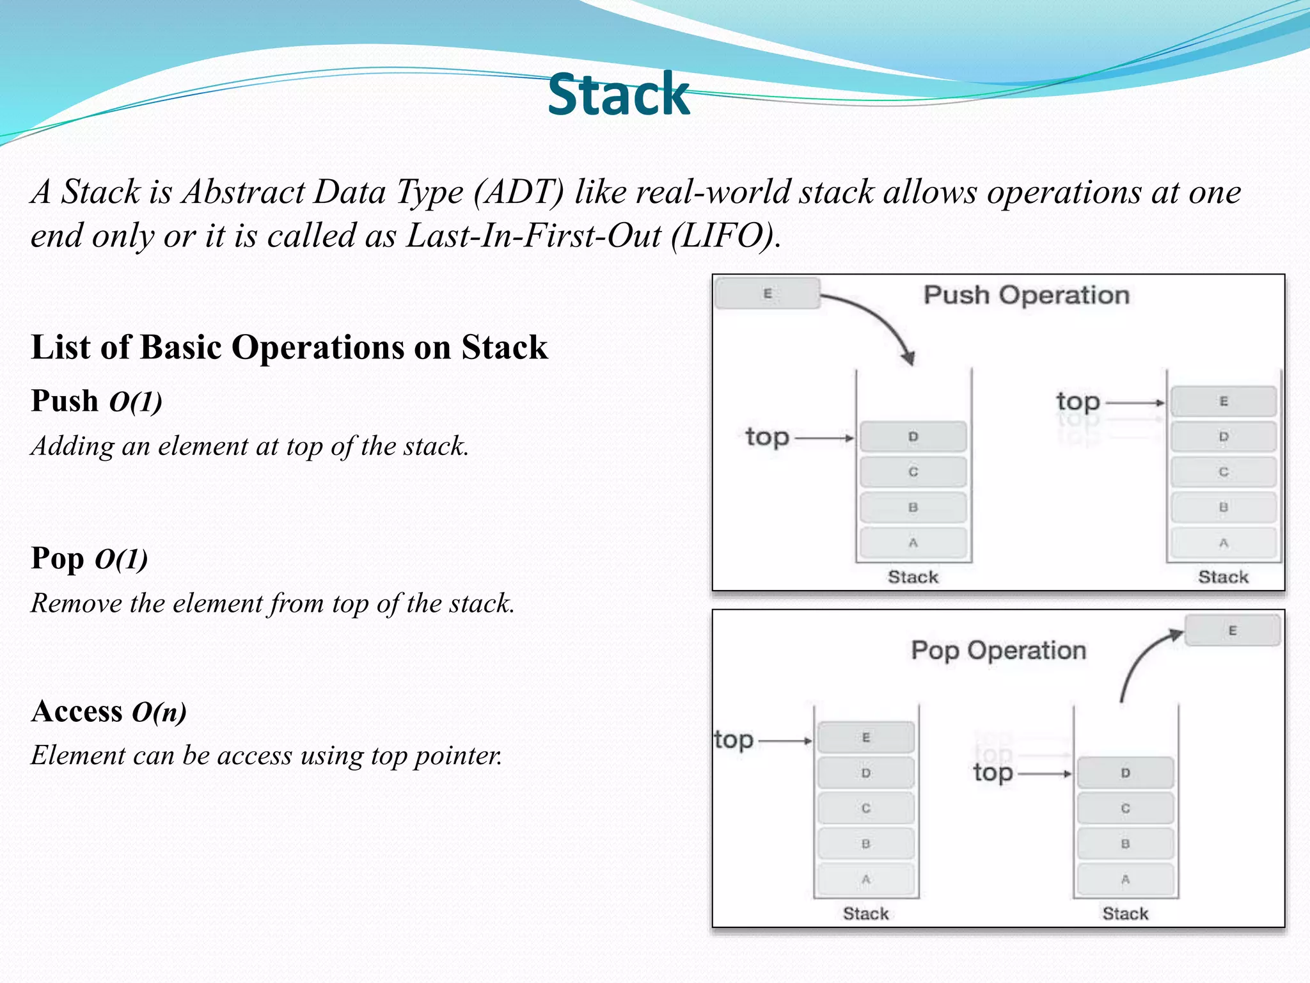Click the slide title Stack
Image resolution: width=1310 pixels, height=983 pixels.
(619, 95)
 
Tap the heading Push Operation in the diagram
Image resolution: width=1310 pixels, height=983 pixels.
(1026, 295)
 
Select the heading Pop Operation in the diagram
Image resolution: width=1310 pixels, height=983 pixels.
(998, 650)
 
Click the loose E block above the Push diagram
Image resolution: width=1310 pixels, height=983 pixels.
(767, 294)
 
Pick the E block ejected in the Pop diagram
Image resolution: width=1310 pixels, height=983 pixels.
(1232, 630)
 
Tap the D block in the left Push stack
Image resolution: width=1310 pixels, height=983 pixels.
(913, 436)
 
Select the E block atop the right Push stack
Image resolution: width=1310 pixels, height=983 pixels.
(1223, 401)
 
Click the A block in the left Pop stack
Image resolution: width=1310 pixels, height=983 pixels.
(865, 879)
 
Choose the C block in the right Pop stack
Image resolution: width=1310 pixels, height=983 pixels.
(1125, 808)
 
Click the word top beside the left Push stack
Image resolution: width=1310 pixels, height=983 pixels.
(767, 437)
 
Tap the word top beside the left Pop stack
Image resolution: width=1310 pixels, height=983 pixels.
(734, 740)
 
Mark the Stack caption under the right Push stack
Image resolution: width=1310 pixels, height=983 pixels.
(1223, 577)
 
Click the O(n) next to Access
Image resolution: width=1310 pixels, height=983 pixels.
(159, 712)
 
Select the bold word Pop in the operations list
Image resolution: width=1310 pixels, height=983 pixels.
(58, 558)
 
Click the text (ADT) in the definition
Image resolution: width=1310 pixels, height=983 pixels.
(519, 192)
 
